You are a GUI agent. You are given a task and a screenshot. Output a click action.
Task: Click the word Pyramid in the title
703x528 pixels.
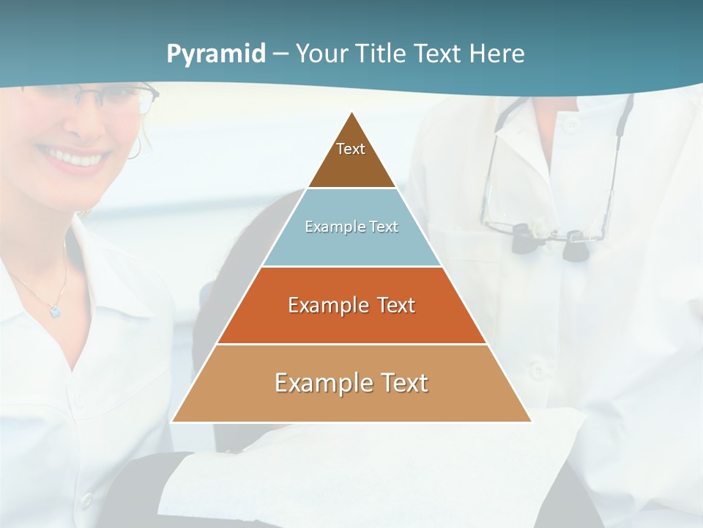[x=216, y=54]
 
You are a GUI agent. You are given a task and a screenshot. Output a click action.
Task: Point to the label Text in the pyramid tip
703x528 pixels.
[x=351, y=149]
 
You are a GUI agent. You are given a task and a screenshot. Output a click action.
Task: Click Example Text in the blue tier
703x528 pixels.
[x=351, y=227]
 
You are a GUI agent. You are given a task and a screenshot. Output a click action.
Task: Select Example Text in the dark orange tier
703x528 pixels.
[x=351, y=305]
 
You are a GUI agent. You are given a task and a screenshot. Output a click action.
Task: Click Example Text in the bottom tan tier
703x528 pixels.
[x=351, y=383]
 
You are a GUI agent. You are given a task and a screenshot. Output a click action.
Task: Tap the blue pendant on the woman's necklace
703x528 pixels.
[x=55, y=311]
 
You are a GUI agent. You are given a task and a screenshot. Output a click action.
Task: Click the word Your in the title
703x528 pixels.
[x=319, y=54]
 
